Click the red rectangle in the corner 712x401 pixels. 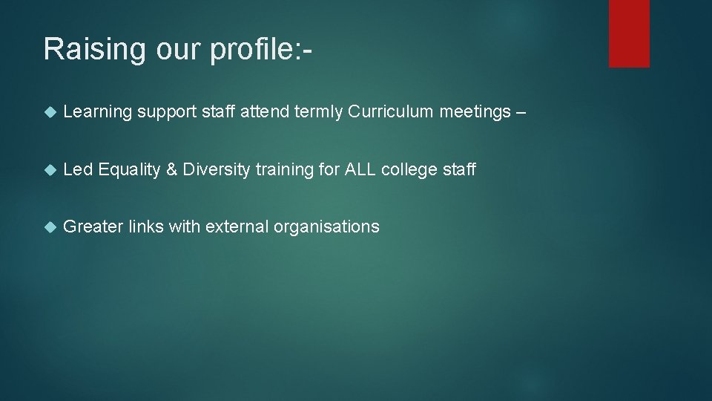coord(629,33)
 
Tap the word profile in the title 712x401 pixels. coord(251,49)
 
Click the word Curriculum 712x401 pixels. coord(391,112)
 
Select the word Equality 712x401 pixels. coord(129,170)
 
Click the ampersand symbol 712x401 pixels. coord(171,170)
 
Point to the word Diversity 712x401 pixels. coord(217,170)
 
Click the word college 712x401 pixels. coord(409,170)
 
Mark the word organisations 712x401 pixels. coord(326,227)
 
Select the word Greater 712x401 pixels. coord(93,226)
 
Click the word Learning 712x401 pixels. coord(98,113)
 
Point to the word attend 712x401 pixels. coord(265,112)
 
